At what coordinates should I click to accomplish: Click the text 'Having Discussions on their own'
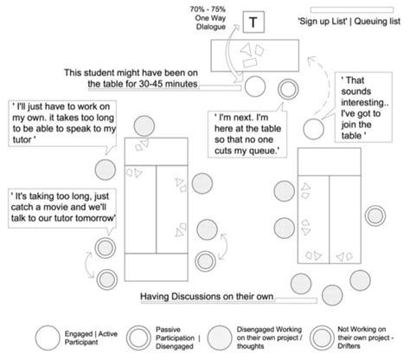tap(208, 297)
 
